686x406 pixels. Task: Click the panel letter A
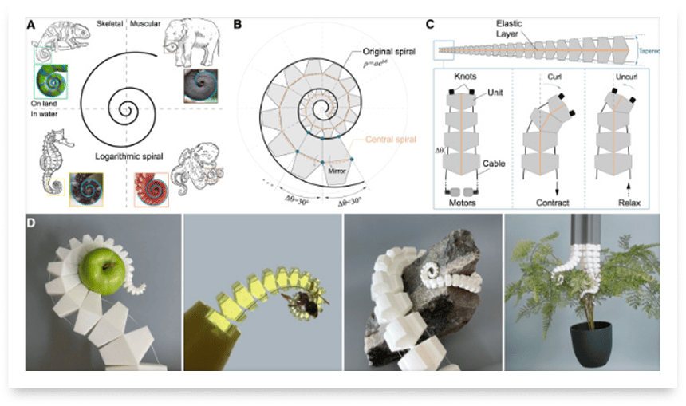(x=31, y=24)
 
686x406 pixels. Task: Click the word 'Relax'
(x=626, y=203)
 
